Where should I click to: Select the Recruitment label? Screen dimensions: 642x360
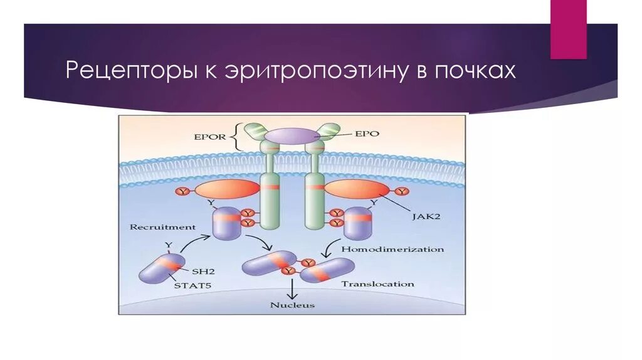coord(163,227)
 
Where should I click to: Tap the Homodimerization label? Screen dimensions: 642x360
coord(392,249)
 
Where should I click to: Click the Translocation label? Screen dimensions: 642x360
coord(377,283)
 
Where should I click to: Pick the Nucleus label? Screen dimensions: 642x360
coord(292,305)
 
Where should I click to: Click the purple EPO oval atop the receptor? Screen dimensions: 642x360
coord(291,135)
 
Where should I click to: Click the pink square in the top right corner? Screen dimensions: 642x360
coord(568,29)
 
